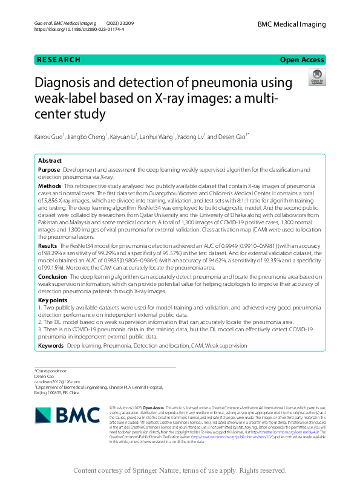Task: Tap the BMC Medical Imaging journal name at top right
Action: click(x=292, y=24)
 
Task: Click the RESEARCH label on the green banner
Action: click(x=58, y=60)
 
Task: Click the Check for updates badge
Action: click(x=316, y=77)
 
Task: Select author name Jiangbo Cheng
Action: click(x=88, y=137)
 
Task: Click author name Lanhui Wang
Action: click(x=158, y=137)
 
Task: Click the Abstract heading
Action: click(x=50, y=161)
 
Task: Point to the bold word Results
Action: click(x=48, y=247)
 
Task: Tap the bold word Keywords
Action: click(x=51, y=345)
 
